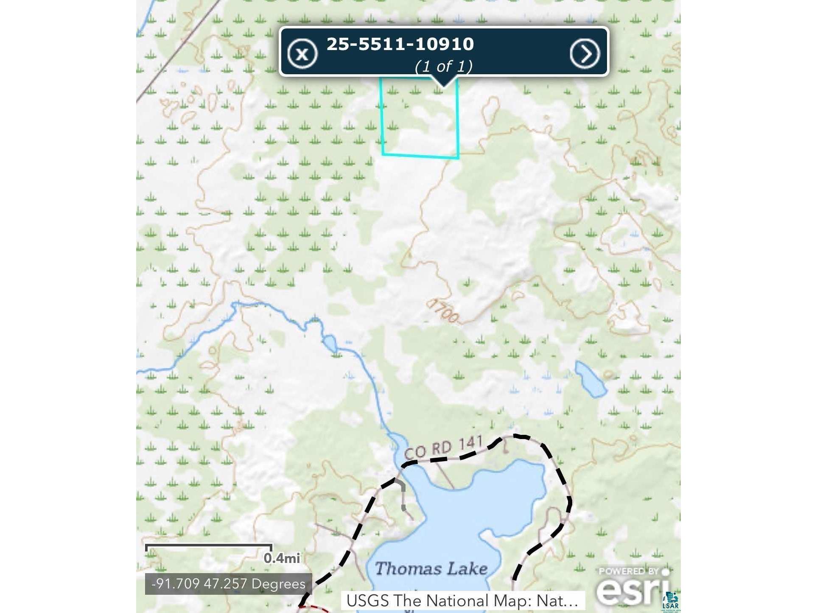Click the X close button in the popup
point(302,54)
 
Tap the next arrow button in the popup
point(585,54)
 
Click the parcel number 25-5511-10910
point(400,44)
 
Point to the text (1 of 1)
point(443,66)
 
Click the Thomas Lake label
point(431,568)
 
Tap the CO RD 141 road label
point(443,448)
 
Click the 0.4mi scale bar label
point(281,558)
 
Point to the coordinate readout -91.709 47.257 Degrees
point(228,584)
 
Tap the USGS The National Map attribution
point(462,601)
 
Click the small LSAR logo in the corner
point(671,602)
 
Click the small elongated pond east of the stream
point(590,379)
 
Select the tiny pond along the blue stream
point(330,343)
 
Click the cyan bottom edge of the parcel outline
point(420,156)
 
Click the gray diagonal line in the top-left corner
point(178,51)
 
